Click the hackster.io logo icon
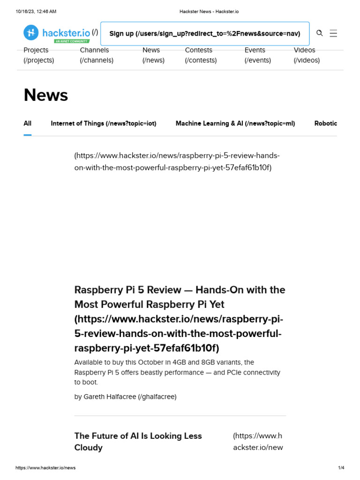point(31,32)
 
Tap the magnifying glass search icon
point(320,33)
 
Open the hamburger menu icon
point(333,33)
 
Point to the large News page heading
point(46,95)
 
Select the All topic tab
point(28,123)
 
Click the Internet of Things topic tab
point(103,123)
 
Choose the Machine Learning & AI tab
point(235,123)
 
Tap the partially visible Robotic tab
point(325,123)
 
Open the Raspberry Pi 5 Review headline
point(180,297)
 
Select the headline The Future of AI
point(138,441)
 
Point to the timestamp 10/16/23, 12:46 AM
point(36,11)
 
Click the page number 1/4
point(341,468)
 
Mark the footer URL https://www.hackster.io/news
point(45,468)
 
